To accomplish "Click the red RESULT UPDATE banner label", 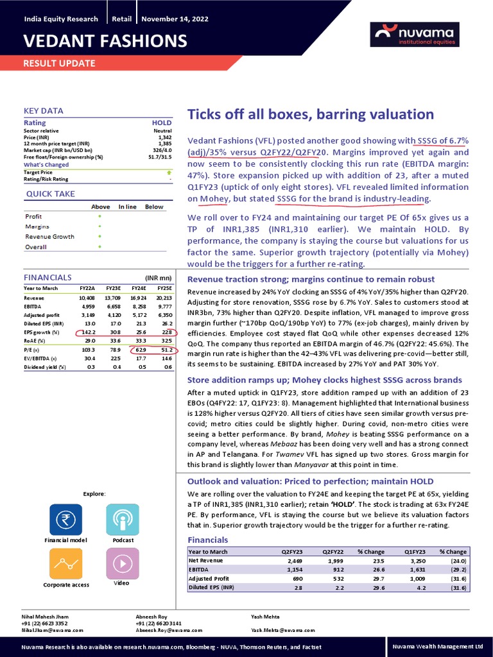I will pyautogui.click(x=59, y=63).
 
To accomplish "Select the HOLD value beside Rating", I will pyautogui.click(x=162, y=123).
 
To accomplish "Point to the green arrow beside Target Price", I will pyautogui.click(x=169, y=173).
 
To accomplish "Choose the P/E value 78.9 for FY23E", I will pyautogui.click(x=113, y=350).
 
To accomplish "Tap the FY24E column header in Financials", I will pyautogui.click(x=140, y=289).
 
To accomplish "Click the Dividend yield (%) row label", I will pyautogui.click(x=44, y=367).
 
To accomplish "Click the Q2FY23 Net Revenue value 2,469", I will pyautogui.click(x=292, y=561).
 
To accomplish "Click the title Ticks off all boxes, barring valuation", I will pyautogui.click(x=311, y=115).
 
